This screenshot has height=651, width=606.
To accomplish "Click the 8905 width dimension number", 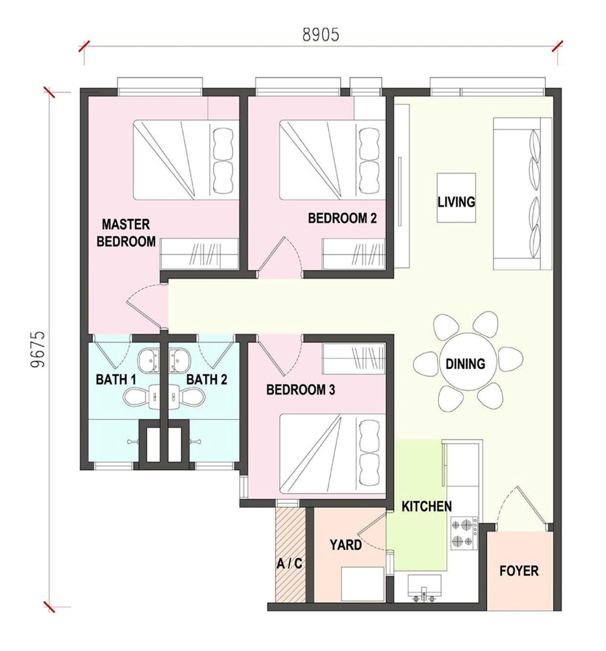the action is [321, 35].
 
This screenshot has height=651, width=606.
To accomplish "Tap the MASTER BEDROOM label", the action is [126, 233].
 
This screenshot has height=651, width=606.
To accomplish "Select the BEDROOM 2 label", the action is [342, 218].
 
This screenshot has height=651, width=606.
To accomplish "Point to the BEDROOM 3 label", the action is [301, 390].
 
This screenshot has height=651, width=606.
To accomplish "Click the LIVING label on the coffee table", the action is [456, 202].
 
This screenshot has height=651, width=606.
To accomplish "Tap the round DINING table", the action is [465, 364].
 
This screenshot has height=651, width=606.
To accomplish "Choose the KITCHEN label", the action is [427, 506].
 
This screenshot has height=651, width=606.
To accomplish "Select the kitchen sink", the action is [424, 588].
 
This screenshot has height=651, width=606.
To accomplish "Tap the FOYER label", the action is [519, 571].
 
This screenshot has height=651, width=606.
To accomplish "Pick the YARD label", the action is [346, 545].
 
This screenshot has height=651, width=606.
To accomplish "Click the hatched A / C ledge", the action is [290, 554].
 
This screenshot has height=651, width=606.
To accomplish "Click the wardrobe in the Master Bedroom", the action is [199, 254].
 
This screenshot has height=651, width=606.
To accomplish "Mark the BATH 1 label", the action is [116, 379].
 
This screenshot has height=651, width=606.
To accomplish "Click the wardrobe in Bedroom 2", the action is [354, 254].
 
